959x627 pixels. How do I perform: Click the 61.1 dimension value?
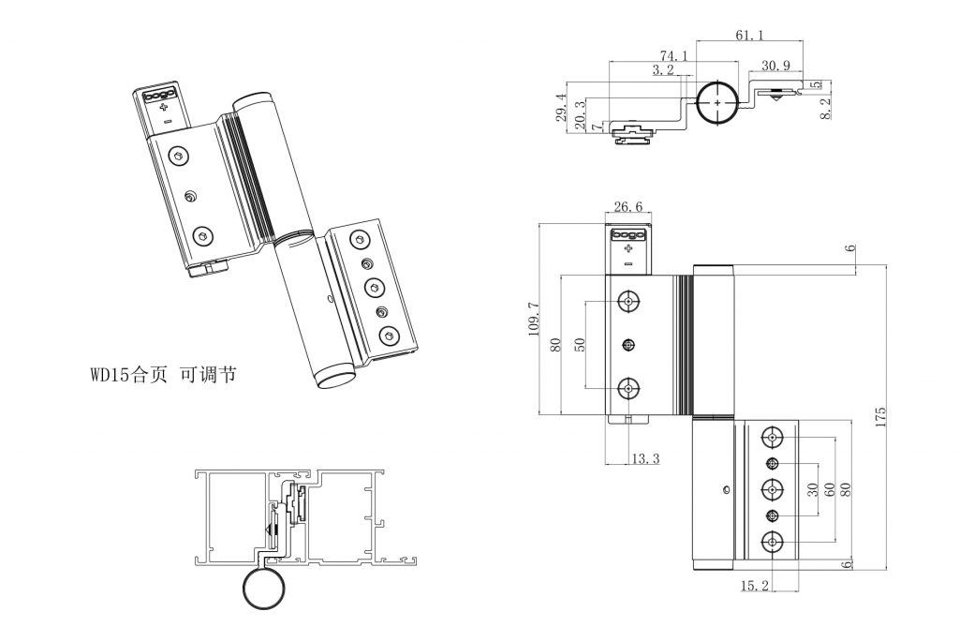coord(749,35)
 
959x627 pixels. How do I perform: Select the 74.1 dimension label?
coord(673,56)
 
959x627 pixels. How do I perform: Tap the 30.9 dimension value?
coord(775,66)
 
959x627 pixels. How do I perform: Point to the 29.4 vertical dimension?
coord(561,108)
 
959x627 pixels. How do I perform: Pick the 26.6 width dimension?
coord(627,208)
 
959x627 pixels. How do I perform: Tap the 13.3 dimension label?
coord(645,458)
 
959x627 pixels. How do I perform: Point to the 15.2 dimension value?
coord(755,586)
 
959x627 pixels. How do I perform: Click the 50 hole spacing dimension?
coord(579,343)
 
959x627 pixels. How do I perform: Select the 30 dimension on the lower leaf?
coord(813,489)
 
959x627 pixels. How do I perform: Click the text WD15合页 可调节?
coord(163,375)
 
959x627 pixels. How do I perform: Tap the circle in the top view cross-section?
coord(716,102)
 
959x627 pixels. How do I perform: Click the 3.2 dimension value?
coord(663,69)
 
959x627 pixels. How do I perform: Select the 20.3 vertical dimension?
coord(581,113)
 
